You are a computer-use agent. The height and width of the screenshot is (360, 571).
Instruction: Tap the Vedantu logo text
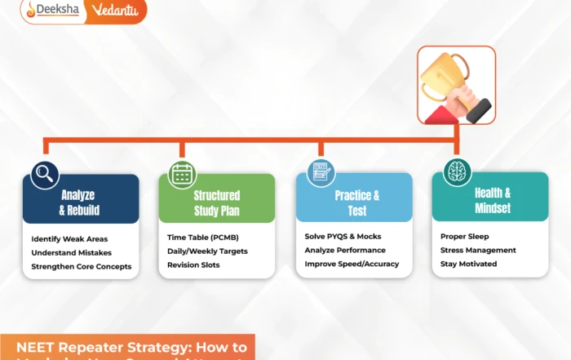point(118,11)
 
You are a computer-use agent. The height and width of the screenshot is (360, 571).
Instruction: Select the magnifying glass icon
point(44,173)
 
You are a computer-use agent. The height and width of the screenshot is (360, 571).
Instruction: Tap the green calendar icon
point(181,174)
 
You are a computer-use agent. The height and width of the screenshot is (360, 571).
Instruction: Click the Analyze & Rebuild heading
point(78,202)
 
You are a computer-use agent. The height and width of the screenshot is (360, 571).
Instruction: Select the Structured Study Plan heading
point(216,202)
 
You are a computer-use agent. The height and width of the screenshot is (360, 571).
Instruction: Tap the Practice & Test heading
point(356,202)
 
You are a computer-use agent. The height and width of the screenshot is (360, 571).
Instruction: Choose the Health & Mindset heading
point(493,201)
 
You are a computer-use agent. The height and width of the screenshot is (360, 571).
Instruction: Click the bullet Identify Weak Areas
point(70,239)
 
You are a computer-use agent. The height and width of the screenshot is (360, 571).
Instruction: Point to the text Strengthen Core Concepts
point(81,266)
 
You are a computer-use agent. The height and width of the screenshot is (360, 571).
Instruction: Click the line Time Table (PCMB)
point(205,237)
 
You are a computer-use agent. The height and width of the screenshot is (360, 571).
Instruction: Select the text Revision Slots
point(193,264)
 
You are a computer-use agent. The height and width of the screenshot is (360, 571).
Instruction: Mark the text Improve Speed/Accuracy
point(352,264)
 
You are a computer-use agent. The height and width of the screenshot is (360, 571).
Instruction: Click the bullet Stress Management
point(478,250)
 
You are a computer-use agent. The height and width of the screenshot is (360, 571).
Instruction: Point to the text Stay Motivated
point(468,264)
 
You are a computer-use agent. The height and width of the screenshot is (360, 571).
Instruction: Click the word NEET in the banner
point(42,346)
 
